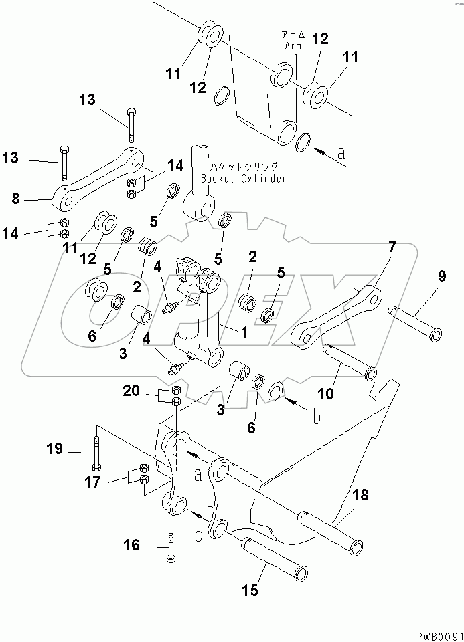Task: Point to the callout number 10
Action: [x=325, y=394]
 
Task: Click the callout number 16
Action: [x=131, y=546]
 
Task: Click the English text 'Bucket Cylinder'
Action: [x=244, y=179]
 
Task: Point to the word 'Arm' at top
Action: [x=292, y=46]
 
